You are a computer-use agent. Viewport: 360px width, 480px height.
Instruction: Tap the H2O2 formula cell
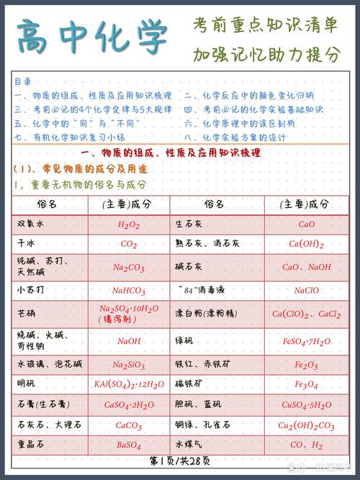129,225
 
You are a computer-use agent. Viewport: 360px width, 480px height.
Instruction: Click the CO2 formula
129,244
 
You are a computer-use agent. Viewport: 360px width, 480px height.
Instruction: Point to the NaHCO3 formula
129,291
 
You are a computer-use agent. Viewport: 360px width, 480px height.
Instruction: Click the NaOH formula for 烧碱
129,341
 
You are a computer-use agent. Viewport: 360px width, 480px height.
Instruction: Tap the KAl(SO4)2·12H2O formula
129,384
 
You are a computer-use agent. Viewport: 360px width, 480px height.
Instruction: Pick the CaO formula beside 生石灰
307,225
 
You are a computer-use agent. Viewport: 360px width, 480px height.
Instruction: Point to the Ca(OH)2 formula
307,244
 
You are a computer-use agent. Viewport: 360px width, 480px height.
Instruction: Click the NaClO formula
307,291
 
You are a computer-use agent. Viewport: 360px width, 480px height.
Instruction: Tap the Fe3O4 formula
307,384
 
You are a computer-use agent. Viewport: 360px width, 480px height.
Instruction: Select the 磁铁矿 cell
190,384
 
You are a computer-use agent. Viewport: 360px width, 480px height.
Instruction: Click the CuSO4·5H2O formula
307,404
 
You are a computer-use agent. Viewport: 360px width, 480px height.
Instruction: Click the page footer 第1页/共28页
180,460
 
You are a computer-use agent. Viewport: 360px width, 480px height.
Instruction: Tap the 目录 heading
22,81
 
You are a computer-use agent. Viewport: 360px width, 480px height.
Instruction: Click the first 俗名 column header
47,204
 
